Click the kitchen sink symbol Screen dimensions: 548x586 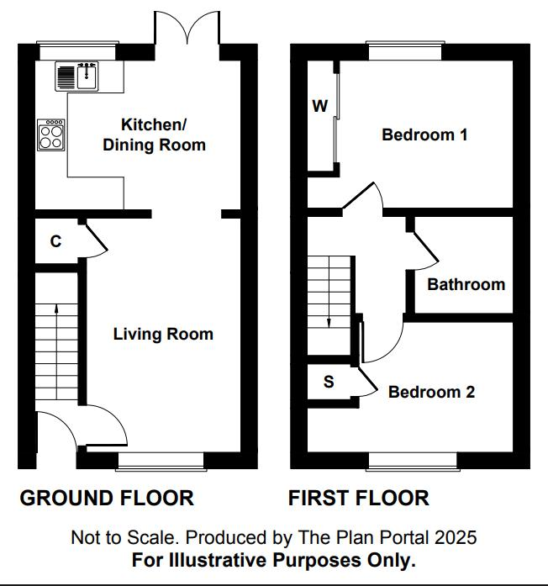[77, 77]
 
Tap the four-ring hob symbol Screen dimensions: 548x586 [51, 135]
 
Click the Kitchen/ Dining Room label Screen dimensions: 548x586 [154, 135]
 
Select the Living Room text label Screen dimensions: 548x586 [163, 334]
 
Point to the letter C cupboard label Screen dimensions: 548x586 [55, 241]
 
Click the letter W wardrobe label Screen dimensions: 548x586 [320, 106]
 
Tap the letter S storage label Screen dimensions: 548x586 [329, 382]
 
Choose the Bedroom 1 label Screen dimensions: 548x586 [424, 135]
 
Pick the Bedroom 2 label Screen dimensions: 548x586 [431, 392]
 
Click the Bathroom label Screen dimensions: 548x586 [466, 284]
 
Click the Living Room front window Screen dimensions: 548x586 [161, 462]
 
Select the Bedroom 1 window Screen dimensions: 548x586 [405, 50]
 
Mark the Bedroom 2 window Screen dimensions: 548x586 [413, 462]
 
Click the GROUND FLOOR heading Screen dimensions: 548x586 [107, 499]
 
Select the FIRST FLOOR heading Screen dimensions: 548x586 [359, 499]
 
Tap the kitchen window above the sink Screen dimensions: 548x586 [77, 50]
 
